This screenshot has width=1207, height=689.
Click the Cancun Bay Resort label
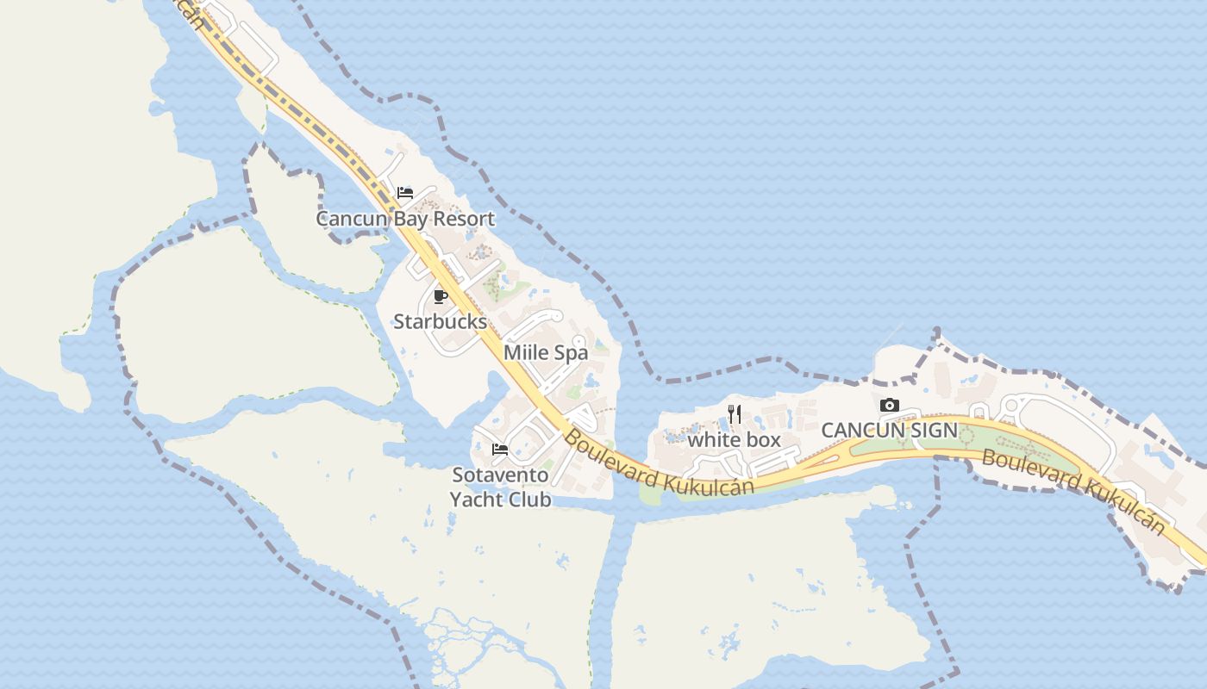point(405,219)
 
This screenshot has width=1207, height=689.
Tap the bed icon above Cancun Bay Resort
point(405,193)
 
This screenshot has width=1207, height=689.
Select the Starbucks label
point(440,322)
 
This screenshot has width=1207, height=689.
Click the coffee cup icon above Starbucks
point(441,297)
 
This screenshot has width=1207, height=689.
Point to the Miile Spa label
point(546,352)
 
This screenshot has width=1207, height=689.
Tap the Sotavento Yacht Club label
point(500,487)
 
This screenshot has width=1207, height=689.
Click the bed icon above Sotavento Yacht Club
point(499,449)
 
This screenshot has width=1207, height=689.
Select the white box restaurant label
point(734,440)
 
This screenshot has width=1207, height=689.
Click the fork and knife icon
point(735,414)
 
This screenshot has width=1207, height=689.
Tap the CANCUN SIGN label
point(889,430)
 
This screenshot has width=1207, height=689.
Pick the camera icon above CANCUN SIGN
point(890,405)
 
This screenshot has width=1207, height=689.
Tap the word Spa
point(571,352)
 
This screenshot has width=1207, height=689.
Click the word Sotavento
point(500,475)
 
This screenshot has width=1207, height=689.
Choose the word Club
point(529,500)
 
